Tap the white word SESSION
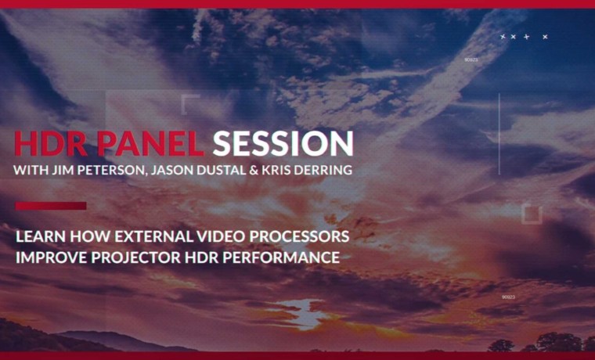283,143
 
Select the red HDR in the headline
52,143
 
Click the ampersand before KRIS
254,170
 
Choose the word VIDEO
222,236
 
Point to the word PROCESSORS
299,236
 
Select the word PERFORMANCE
281,257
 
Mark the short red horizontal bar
51,206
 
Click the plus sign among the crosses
526,37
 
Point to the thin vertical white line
499,134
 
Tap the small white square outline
532,214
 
